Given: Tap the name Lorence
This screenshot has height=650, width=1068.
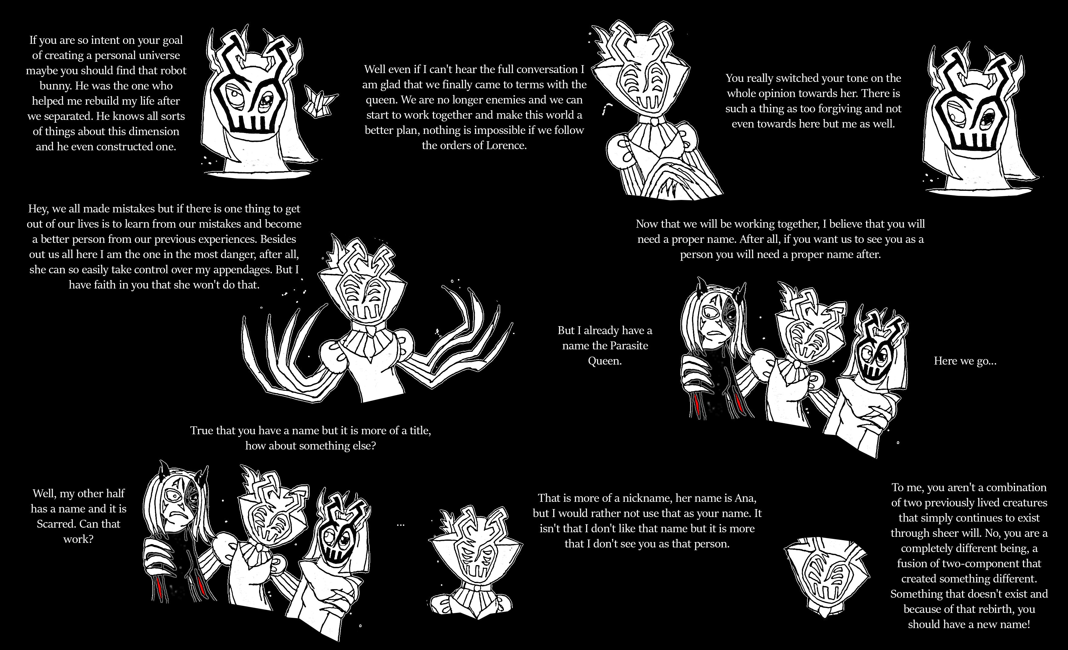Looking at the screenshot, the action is [504, 145].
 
